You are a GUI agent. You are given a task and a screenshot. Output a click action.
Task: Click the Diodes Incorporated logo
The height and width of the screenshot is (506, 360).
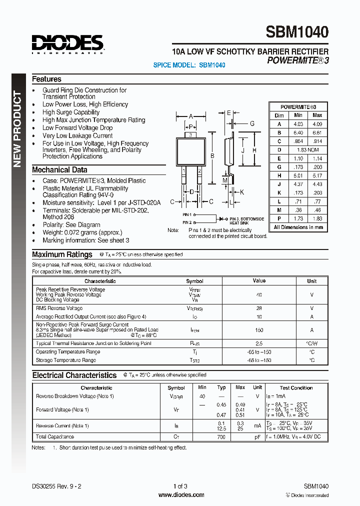(x=67, y=43)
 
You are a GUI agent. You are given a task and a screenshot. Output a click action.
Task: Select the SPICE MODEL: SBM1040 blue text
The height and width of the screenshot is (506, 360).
(x=189, y=65)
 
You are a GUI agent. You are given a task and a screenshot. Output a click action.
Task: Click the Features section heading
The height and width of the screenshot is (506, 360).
(x=46, y=79)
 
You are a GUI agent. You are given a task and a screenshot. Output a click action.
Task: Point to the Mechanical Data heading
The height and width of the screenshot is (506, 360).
(x=59, y=170)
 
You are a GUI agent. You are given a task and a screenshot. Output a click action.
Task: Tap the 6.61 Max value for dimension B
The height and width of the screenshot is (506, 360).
(x=317, y=132)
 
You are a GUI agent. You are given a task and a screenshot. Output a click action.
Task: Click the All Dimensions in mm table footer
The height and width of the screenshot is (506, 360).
(x=298, y=227)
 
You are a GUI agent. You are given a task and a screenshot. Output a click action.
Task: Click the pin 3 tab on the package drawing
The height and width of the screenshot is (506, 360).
(x=190, y=135)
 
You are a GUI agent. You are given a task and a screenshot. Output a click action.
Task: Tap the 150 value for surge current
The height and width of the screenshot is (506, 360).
(x=259, y=330)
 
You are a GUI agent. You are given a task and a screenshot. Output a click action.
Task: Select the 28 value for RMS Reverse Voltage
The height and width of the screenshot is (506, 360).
(x=259, y=308)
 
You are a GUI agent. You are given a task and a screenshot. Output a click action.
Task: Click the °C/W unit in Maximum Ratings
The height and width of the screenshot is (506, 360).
(x=312, y=343)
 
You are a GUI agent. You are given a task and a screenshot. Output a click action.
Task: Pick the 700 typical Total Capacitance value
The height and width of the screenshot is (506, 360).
(x=221, y=436)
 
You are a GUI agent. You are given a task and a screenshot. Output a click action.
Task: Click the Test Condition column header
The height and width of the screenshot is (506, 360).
(x=296, y=387)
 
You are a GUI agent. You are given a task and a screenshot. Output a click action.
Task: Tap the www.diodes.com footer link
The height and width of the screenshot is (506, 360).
(x=181, y=495)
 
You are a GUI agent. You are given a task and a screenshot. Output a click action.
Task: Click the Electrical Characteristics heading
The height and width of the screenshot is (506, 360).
(x=74, y=375)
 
